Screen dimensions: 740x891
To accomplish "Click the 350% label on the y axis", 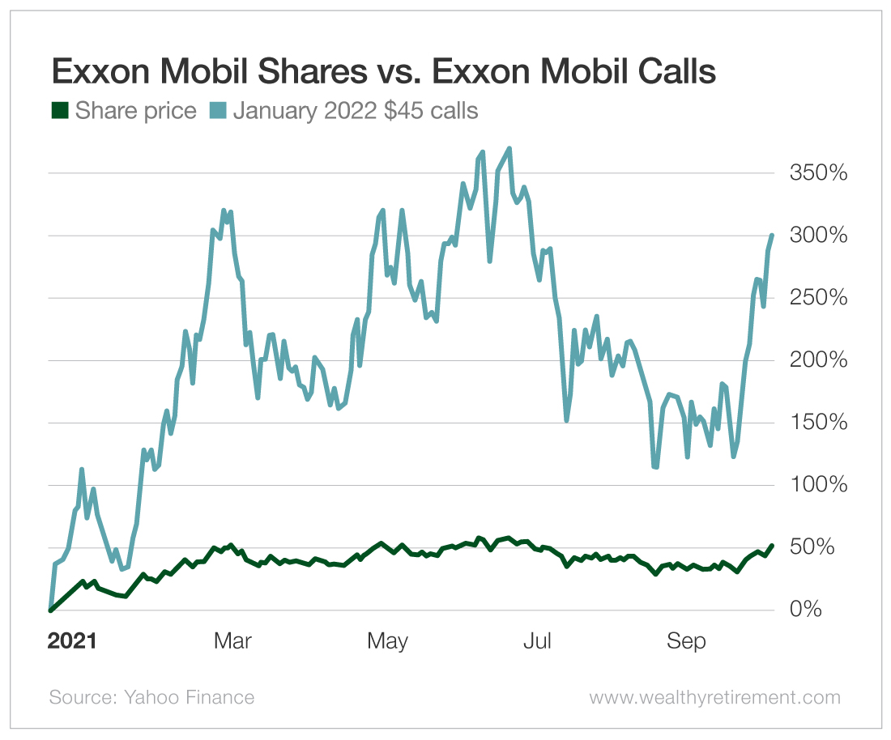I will coord(818,173).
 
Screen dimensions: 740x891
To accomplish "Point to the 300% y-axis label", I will coord(818,236).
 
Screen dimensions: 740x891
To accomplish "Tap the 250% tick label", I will coord(818,298).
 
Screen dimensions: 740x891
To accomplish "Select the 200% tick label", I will coord(818,360).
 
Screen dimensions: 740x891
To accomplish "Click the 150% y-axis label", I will coord(818,423).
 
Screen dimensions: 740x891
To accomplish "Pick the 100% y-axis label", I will coord(818,485).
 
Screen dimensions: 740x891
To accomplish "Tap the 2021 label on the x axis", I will coord(72,642).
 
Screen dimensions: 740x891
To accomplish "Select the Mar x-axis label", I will coord(233,642).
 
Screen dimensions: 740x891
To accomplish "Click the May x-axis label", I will coord(387,642).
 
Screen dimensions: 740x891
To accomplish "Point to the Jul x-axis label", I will coord(537,642).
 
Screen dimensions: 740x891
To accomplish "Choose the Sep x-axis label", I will coord(686,642).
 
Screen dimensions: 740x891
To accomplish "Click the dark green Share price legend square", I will coord(60,110).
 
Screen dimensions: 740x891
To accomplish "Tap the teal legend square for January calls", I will coord(219,110).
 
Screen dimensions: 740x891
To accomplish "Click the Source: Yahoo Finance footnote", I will coord(151,697).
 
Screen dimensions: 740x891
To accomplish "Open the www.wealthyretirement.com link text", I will coord(714,697).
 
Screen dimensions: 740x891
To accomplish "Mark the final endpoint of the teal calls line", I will coord(772,236).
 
